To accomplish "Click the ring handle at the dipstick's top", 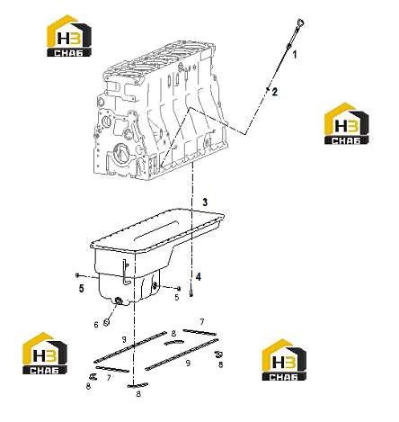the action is (x=300, y=22).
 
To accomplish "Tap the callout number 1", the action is (x=295, y=54).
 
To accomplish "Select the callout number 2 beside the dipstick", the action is (x=275, y=92).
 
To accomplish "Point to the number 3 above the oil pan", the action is (x=205, y=202).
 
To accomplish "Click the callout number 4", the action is (x=199, y=277).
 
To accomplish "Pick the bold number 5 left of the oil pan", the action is (x=82, y=288).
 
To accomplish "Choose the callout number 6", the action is (x=96, y=325).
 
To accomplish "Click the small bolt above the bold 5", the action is (x=77, y=274).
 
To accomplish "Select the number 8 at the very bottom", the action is (x=138, y=394).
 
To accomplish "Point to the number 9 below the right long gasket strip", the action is (x=188, y=364).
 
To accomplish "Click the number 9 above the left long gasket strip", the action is (x=124, y=339).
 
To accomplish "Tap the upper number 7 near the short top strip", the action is (x=202, y=322).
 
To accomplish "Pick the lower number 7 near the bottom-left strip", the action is (x=109, y=378).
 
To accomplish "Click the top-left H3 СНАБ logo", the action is (x=69, y=36).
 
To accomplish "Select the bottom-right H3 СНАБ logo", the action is (x=284, y=360).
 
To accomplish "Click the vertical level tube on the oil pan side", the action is (x=125, y=273).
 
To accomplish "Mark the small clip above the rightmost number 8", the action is (x=218, y=355).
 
